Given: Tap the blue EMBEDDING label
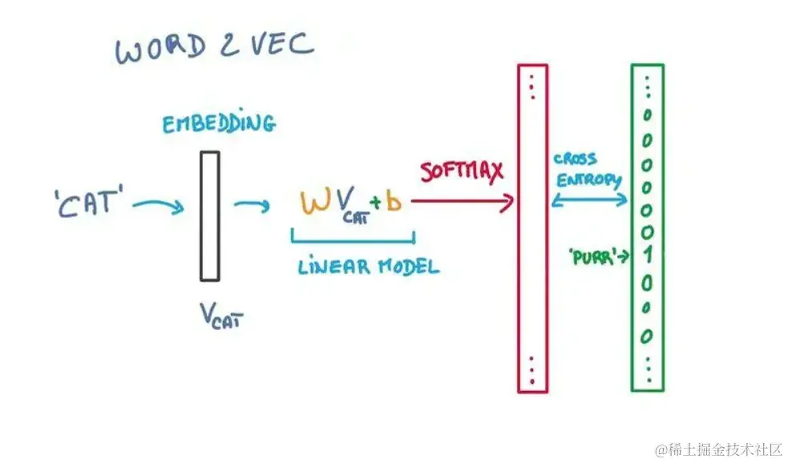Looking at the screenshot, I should (218, 124).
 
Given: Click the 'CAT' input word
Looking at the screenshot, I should (91, 202).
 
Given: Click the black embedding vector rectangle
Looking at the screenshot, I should (209, 216).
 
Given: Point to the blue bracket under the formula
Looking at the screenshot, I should (353, 237).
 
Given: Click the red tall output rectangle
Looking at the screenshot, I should (532, 228).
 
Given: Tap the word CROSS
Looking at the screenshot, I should (575, 159).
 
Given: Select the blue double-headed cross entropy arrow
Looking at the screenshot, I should (590, 199).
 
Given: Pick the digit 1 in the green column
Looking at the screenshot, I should (647, 256).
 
